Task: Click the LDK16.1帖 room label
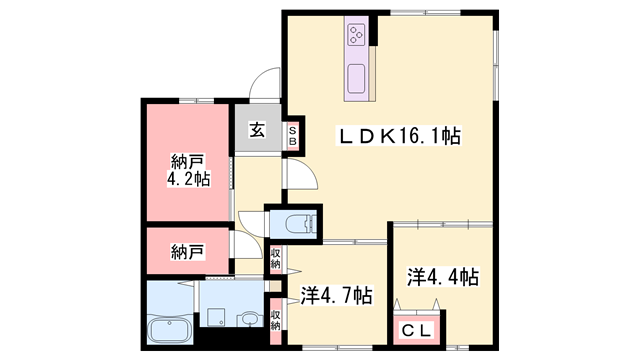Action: (x=398, y=136)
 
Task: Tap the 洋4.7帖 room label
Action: (x=336, y=295)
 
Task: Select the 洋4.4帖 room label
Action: (x=443, y=277)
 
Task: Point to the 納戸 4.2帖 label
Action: (x=188, y=170)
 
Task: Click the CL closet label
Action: (x=416, y=330)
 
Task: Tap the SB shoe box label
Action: (x=293, y=136)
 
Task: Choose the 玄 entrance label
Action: (x=257, y=131)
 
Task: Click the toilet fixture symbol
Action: (x=301, y=223)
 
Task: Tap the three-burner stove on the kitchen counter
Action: (x=356, y=35)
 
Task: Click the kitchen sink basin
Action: (x=356, y=78)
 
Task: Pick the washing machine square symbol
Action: (x=215, y=317)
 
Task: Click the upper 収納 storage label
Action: (x=276, y=259)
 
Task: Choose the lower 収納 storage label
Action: (x=276, y=320)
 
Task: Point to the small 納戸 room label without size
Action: (x=187, y=252)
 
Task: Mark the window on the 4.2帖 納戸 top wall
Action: (x=196, y=101)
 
